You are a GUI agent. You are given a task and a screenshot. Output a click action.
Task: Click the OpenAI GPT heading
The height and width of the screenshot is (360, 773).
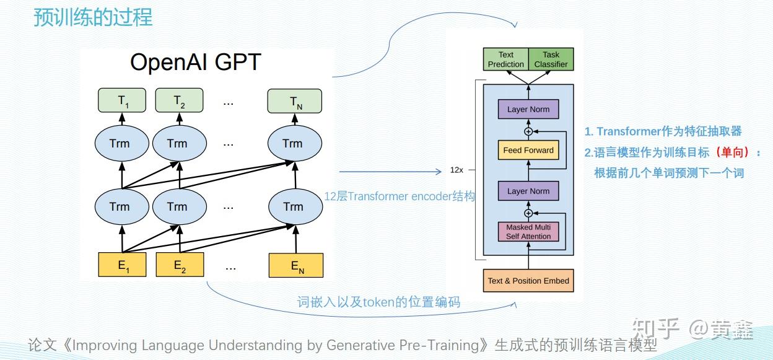pyautogui.click(x=195, y=63)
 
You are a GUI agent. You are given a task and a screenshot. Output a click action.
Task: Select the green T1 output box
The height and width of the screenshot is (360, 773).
pyautogui.click(x=122, y=100)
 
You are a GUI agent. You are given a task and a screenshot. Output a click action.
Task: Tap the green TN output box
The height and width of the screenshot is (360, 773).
pyautogui.click(x=295, y=101)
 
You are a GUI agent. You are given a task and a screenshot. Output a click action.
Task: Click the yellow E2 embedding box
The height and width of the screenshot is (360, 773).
pyautogui.click(x=180, y=265)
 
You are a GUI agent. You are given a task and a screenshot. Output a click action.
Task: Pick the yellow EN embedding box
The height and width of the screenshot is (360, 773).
pyautogui.click(x=296, y=265)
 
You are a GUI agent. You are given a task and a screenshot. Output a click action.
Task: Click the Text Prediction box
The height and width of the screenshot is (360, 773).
pyautogui.click(x=506, y=59)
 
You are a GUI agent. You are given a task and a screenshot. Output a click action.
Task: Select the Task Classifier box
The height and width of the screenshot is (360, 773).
pyautogui.click(x=551, y=59)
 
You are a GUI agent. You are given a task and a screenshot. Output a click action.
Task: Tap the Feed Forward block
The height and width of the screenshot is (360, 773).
pyautogui.click(x=528, y=150)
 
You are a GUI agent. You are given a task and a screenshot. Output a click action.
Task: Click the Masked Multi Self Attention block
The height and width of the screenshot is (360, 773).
pyautogui.click(x=528, y=232)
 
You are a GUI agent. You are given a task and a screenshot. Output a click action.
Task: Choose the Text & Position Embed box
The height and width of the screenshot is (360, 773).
pyautogui.click(x=528, y=281)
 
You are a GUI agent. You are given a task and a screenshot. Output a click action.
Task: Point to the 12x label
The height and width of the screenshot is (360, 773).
pyautogui.click(x=456, y=170)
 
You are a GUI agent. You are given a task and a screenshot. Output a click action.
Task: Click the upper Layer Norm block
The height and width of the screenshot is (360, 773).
pyautogui.click(x=528, y=110)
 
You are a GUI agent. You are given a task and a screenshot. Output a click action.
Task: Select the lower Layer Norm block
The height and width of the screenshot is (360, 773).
pyautogui.click(x=528, y=191)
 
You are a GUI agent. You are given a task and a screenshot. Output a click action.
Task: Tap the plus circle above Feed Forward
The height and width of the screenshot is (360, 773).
pyautogui.click(x=528, y=131)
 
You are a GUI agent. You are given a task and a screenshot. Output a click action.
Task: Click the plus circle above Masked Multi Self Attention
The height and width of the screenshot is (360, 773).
pyautogui.click(x=528, y=213)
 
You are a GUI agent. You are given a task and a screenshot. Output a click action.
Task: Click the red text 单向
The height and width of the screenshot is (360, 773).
pyautogui.click(x=732, y=152)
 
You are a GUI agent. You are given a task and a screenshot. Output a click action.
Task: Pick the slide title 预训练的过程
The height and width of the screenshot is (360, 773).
pyautogui.click(x=93, y=17)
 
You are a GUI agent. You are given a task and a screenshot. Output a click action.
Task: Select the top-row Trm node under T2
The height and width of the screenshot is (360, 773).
pyautogui.click(x=180, y=143)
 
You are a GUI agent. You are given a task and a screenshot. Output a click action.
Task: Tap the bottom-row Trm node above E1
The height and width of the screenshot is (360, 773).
pyautogui.click(x=122, y=206)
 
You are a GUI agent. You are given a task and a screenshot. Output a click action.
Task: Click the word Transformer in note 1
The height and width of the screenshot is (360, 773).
pyautogui.click(x=629, y=131)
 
